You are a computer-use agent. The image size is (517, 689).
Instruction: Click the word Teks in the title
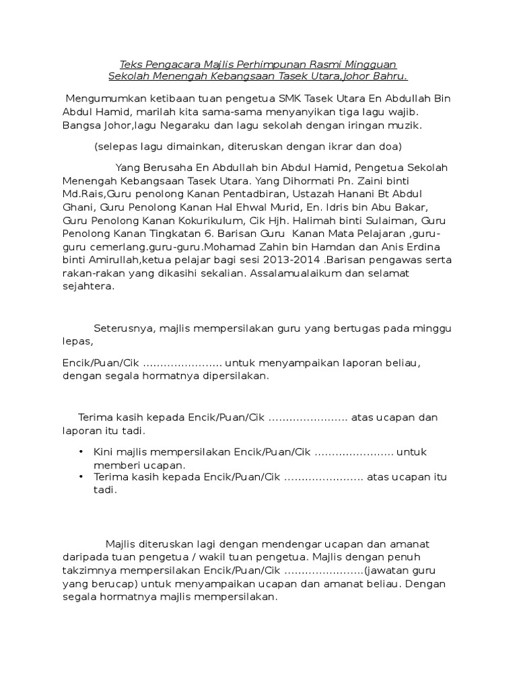point(131,65)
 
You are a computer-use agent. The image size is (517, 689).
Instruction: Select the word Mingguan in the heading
point(372,65)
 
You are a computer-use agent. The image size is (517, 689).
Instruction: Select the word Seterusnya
point(125,328)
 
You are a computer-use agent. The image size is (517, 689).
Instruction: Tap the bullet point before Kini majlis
point(81,451)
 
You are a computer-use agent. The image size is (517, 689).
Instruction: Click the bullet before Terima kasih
point(81,477)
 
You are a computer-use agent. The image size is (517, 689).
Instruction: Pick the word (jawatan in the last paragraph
point(387,571)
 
